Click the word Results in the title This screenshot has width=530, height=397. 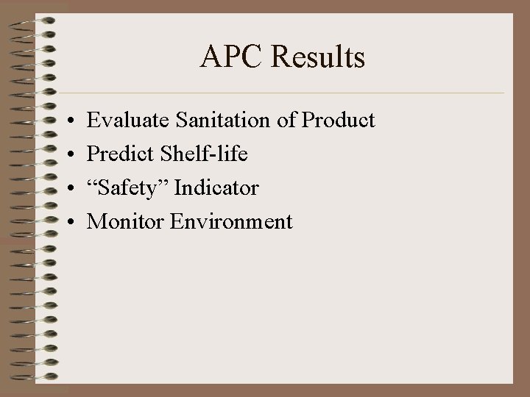coord(320,57)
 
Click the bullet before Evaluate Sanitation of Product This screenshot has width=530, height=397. coord(67,121)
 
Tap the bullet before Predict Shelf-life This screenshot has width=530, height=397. coord(67,155)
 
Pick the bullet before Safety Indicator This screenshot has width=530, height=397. coord(67,189)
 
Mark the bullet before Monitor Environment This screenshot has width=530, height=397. coord(67,222)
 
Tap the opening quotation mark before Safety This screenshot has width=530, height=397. coord(91,184)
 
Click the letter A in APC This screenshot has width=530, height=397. coord(209,57)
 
